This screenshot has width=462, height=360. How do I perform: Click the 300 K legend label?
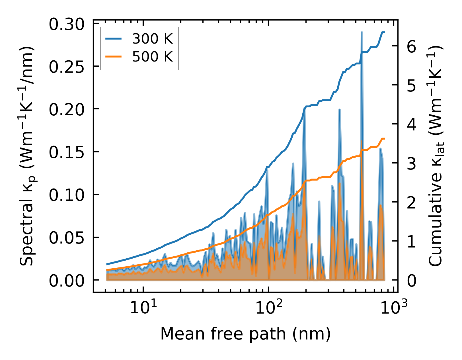click(x=152, y=39)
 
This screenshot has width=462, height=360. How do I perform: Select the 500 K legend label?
click(x=152, y=57)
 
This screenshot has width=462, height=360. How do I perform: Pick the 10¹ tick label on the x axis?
click(x=143, y=308)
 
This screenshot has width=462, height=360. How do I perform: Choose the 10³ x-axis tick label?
click(x=394, y=308)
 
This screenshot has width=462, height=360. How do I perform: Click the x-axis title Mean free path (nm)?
click(x=245, y=334)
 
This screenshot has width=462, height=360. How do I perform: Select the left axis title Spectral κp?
click(x=27, y=156)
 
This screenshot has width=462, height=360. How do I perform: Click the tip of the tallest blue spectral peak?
click(x=362, y=32)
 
